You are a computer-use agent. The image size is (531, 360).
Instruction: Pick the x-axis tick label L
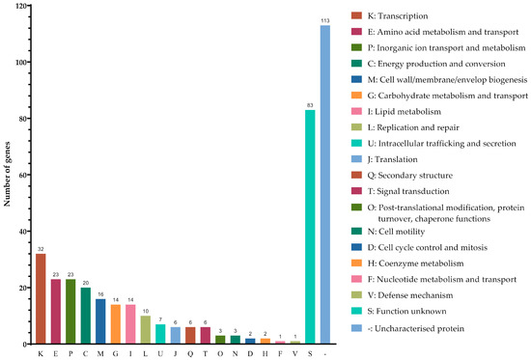click(x=146, y=352)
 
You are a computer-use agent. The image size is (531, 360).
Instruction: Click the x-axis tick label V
click(x=294, y=352)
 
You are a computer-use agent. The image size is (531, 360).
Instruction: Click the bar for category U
click(x=161, y=334)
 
